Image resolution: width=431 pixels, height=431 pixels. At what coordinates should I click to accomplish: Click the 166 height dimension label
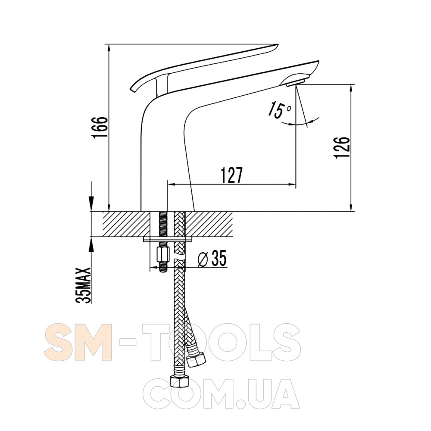point(100,128)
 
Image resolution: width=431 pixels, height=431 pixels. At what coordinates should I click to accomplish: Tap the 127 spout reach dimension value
point(232,175)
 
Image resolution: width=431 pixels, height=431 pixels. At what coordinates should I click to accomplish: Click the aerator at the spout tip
point(296,82)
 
